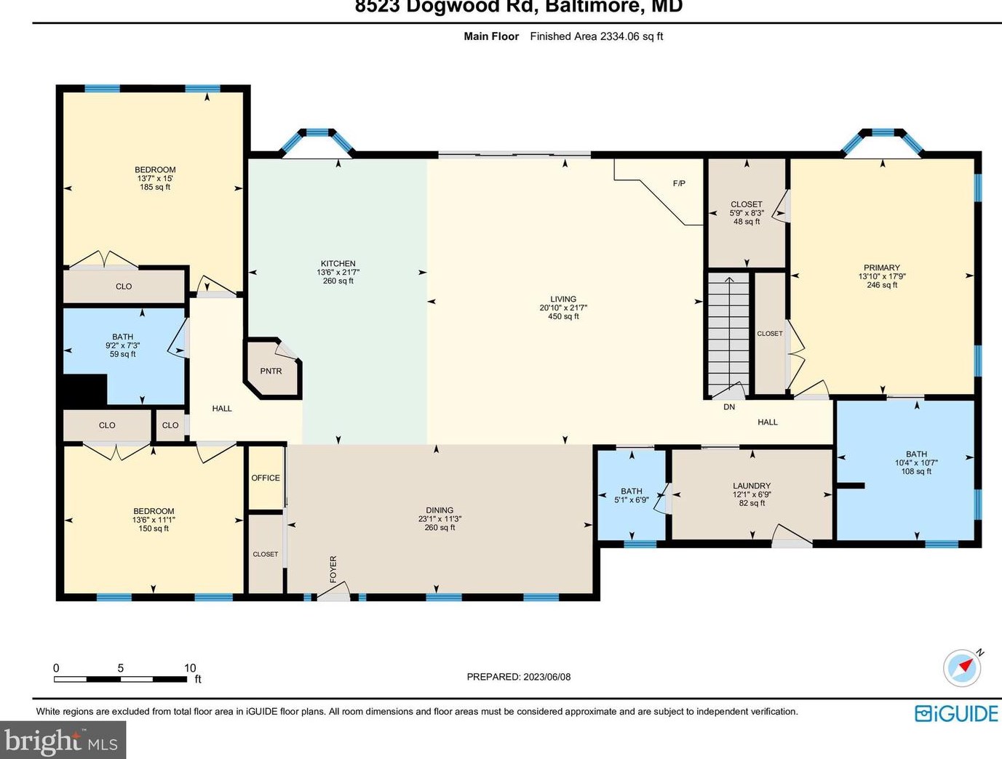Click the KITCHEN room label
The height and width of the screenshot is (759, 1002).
(338, 263)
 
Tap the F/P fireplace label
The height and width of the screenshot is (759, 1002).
(678, 183)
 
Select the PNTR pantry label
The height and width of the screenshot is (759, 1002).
(271, 371)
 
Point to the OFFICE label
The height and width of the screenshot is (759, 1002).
(266, 478)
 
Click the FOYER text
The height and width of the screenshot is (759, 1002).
(333, 569)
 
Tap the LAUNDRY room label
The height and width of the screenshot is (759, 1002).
(752, 486)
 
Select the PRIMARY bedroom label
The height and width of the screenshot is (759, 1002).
(882, 268)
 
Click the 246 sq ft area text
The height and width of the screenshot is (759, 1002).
(882, 285)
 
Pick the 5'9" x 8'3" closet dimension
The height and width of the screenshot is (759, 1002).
(747, 213)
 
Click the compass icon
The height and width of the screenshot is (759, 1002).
(962, 667)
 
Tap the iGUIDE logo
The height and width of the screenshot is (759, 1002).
(956, 713)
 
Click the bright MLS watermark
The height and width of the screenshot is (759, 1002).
(62, 742)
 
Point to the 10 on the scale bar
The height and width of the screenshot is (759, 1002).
(190, 668)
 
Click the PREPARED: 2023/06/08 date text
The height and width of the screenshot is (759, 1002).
(518, 677)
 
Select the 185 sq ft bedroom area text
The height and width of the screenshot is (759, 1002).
(155, 187)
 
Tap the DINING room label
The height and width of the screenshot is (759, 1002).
(440, 510)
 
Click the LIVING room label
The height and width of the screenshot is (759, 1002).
(563, 299)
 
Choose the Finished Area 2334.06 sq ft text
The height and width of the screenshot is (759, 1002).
(596, 36)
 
